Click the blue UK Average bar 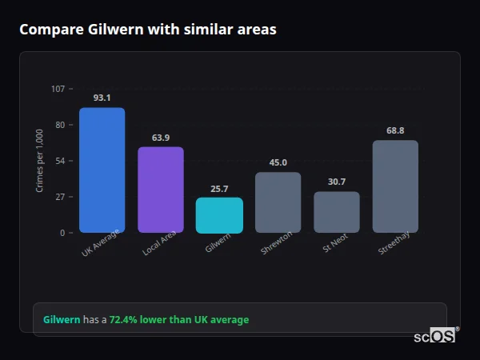(102, 170)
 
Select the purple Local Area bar (160, 190)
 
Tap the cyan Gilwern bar (219, 215)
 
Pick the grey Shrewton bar (278, 202)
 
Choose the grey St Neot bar (336, 212)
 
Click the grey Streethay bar (395, 186)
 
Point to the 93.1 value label (102, 98)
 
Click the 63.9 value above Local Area (160, 138)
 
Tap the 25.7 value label (219, 189)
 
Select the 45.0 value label (278, 162)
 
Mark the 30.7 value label (336, 182)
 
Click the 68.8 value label (395, 130)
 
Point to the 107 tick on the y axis (58, 89)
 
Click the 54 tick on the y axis (60, 161)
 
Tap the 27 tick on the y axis (60, 197)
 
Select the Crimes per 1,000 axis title (39, 160)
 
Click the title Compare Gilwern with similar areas (148, 30)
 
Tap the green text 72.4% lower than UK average (179, 320)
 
